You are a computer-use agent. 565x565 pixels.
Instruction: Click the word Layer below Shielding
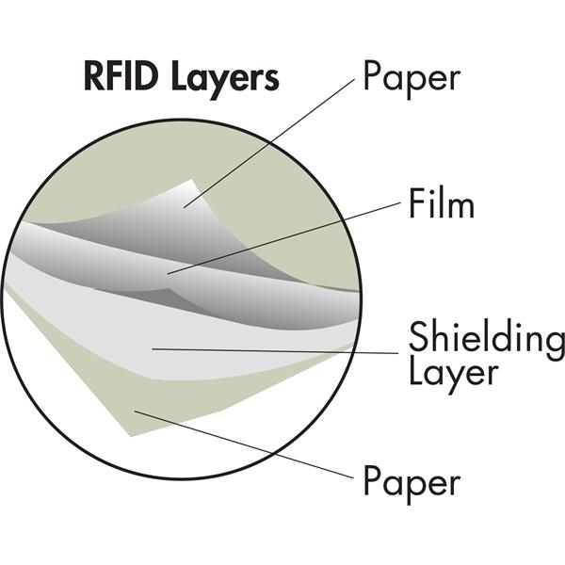point(451,373)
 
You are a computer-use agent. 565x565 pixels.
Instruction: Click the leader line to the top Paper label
point(273,141)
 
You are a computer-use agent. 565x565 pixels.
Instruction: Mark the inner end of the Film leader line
point(168,273)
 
